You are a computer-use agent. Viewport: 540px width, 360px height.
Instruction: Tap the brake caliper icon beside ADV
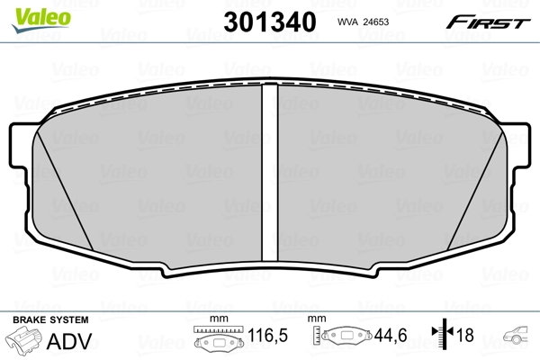(23, 342)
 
